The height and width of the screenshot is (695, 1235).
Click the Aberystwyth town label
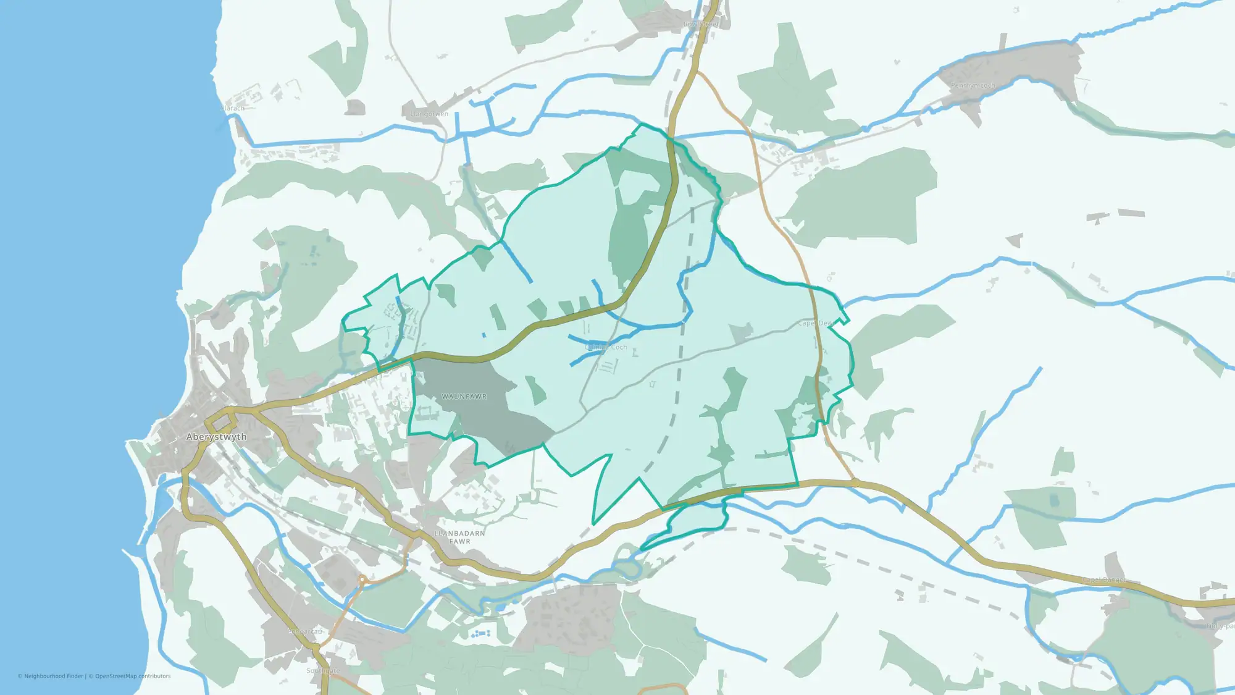[x=216, y=437]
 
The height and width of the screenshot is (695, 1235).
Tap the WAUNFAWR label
[x=464, y=397]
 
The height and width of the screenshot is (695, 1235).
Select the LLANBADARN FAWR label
[x=459, y=537]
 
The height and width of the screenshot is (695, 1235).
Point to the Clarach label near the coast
[x=233, y=108]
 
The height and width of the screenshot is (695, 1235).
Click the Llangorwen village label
[x=429, y=114]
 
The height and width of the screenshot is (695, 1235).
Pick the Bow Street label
[x=701, y=24]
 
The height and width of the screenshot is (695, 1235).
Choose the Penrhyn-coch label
[x=973, y=85]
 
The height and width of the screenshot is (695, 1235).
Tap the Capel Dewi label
[x=815, y=323]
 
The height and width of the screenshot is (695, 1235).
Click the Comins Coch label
[x=606, y=347]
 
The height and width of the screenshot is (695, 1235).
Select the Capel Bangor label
[x=1104, y=579]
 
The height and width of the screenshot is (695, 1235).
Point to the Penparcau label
[x=305, y=631]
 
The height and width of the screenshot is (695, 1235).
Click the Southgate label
[x=323, y=670]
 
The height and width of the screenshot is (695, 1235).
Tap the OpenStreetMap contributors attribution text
[x=132, y=676]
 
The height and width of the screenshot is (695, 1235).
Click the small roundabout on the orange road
[x=362, y=579]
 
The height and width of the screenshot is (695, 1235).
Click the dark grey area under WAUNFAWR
[x=488, y=420]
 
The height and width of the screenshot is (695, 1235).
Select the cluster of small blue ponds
[x=481, y=634]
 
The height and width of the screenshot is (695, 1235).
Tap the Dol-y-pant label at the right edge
[x=1220, y=626]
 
